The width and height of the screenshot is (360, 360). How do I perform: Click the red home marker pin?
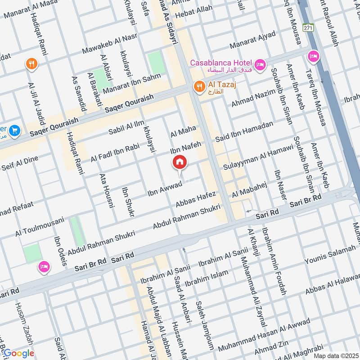[x=179, y=162]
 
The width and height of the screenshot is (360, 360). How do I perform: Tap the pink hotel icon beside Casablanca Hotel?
[x=260, y=66]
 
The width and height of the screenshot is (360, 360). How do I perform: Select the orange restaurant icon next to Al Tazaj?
[x=198, y=85]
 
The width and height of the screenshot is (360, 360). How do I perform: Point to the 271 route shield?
[x=308, y=28]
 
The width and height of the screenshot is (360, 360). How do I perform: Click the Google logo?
[x=19, y=353]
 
